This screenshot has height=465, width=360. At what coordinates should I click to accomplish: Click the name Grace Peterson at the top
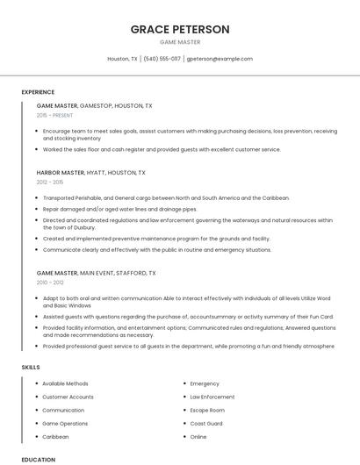pos(180,29)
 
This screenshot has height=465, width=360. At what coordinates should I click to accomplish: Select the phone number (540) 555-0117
pos(162,59)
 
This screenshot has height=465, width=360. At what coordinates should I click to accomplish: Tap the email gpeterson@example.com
pos(220,59)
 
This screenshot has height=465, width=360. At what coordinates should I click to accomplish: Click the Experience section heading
pos(38,92)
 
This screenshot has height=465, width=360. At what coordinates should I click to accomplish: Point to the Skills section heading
pos(30,367)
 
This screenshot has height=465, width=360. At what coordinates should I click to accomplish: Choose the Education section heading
pos(38,459)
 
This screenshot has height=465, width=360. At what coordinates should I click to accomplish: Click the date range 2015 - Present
pos(54,115)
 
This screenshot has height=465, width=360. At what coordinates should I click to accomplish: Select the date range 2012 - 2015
pos(50,182)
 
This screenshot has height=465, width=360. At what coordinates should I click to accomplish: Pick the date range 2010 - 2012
pos(50,282)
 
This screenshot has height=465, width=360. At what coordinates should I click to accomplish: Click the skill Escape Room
pos(207,410)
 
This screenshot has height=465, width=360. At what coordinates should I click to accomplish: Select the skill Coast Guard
pos(206,423)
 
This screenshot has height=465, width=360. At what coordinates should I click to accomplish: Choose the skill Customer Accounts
pos(68,397)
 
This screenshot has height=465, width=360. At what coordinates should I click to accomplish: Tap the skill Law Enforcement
pos(212,397)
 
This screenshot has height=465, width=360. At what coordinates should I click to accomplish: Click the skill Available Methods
pos(65,383)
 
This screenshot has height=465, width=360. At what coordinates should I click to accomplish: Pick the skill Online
pos(198,436)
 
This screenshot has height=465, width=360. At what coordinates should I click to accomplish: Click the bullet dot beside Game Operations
pos(36,423)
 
